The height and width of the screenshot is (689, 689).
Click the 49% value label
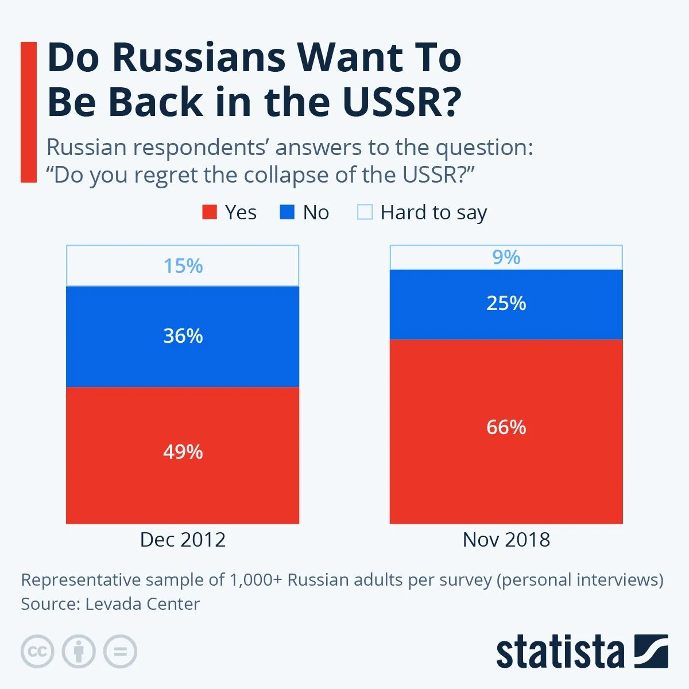(183, 452)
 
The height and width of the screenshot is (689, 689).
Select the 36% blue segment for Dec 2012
(183, 356)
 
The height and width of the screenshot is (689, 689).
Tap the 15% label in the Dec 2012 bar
(183, 266)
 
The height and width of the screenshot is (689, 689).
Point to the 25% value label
(506, 303)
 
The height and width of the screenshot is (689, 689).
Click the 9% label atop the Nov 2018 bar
(506, 257)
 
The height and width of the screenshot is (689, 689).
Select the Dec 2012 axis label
(183, 540)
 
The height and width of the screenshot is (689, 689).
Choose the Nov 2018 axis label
(506, 540)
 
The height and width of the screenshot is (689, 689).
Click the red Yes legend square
(210, 212)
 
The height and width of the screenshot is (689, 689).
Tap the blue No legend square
(287, 212)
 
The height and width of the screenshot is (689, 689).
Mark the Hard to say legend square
(365, 212)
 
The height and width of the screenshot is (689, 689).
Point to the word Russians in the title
(199, 57)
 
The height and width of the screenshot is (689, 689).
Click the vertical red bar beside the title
(28, 112)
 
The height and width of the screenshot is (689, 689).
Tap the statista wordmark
(560, 652)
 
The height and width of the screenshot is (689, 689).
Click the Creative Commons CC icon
(37, 652)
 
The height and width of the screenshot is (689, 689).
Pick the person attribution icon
(79, 652)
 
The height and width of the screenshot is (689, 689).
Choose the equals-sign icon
(120, 652)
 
